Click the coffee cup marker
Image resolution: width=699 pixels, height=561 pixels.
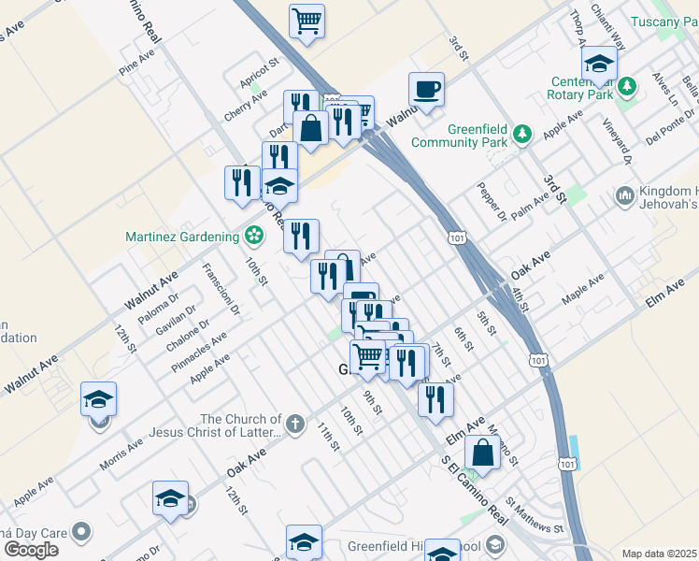coord(426,90)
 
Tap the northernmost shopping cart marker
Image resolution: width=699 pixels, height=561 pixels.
coord(307,21)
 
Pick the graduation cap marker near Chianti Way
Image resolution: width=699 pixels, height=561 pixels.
coord(598,63)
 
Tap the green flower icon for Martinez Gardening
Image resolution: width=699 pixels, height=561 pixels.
coord(252,236)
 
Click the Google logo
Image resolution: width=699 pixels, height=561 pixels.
coord(31,550)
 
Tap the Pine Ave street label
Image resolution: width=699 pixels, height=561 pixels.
coord(136,63)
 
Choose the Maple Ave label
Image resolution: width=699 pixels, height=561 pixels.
coord(582,289)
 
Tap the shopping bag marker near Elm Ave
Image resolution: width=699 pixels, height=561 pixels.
coord(482,452)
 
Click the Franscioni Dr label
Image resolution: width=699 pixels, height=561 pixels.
coord(222,288)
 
